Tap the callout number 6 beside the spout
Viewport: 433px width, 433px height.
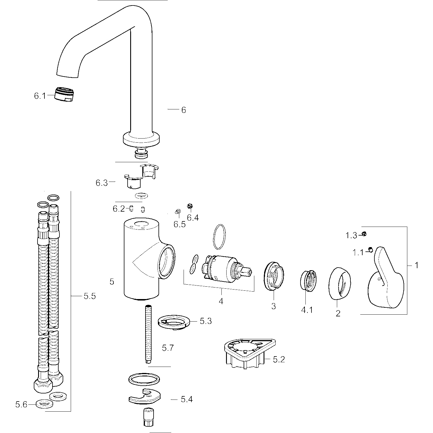(184, 110)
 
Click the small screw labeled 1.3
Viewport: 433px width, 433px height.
(364, 234)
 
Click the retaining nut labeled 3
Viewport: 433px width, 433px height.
(274, 276)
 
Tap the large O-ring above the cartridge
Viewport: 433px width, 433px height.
(219, 236)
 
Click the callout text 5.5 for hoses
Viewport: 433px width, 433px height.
(89, 296)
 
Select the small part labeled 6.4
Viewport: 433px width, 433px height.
(190, 206)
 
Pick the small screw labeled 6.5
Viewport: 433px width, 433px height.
(178, 212)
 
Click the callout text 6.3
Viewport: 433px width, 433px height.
(102, 183)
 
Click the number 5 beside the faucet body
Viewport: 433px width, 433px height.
(112, 282)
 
